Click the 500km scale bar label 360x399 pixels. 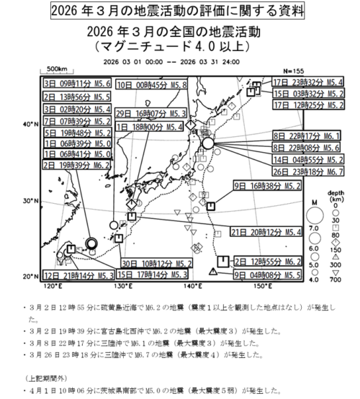click(x=58, y=68)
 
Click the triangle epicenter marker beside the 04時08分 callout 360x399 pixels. click(x=214, y=272)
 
